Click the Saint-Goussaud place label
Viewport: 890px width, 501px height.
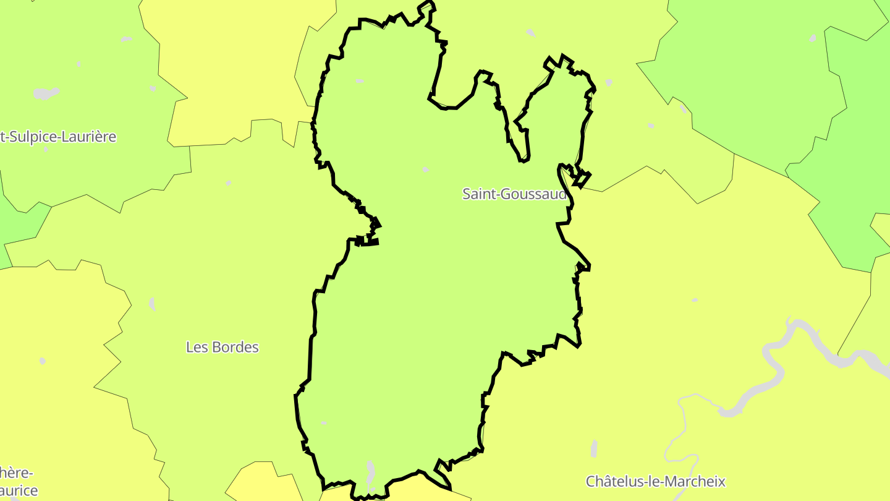pyautogui.click(x=514, y=194)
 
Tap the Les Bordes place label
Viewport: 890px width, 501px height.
pyautogui.click(x=222, y=347)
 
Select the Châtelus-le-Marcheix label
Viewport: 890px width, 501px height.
pyautogui.click(x=655, y=481)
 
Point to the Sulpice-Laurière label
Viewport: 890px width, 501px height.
pyautogui.click(x=59, y=137)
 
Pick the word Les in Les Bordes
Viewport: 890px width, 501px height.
pyautogui.click(x=195, y=347)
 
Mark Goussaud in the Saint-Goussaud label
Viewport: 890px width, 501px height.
pyautogui.click(x=532, y=194)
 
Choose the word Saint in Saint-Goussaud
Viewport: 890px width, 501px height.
pyautogui.click(x=478, y=194)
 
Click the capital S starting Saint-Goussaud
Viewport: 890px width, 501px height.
pyautogui.click(x=467, y=194)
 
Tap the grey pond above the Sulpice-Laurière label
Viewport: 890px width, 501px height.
pyautogui.click(x=46, y=93)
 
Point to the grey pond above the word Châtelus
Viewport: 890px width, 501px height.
pyautogui.click(x=594, y=448)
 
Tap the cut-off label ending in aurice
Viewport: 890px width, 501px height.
pyautogui.click(x=19, y=491)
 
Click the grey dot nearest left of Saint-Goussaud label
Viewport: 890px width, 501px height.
pyautogui.click(x=425, y=169)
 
